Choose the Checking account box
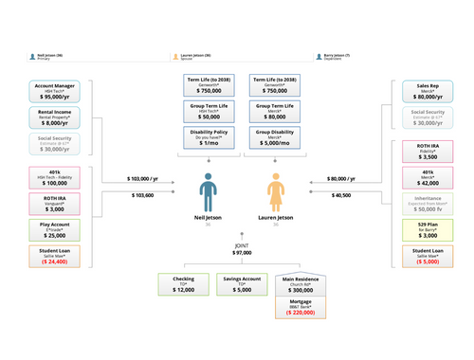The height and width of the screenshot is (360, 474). (x=183, y=284)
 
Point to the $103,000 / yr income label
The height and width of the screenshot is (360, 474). (x=141, y=178)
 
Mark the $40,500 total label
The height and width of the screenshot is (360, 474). (x=341, y=194)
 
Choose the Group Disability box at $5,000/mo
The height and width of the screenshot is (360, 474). (x=276, y=138)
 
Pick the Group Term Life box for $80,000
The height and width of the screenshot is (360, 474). (x=276, y=112)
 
